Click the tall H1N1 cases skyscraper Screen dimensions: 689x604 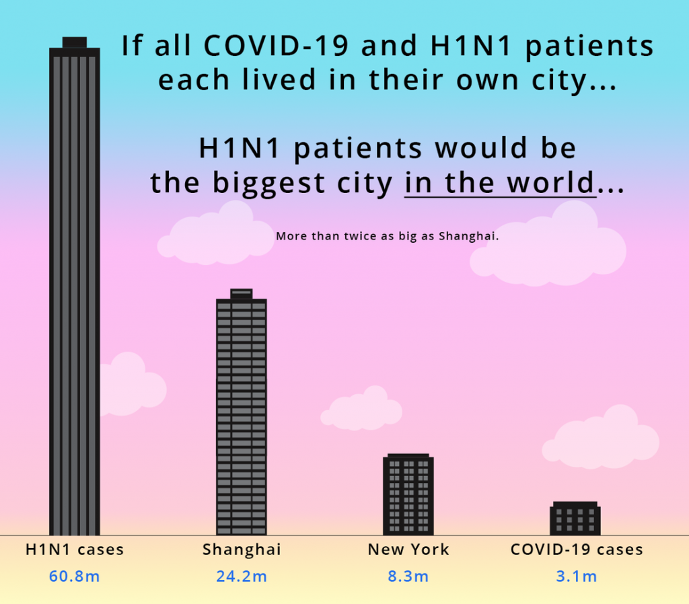75,287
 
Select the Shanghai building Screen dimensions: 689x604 242,412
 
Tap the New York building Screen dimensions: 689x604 408,494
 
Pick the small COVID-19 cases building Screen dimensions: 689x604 575,519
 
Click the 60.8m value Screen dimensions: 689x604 74,576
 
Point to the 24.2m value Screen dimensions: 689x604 242,576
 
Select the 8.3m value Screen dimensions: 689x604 408,576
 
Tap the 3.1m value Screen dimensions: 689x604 576,576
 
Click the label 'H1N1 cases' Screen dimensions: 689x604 75,550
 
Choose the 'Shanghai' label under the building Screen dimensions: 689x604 242,550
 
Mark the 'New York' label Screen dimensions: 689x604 408,550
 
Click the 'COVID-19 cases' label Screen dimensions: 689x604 577,550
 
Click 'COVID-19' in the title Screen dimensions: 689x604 276,45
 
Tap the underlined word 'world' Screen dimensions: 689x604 551,182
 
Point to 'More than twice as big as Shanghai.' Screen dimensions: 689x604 387,236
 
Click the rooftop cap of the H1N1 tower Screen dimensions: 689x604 75,42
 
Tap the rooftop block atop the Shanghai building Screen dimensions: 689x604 242,294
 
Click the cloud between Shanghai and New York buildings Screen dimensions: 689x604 361,408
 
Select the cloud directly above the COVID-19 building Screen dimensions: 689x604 601,437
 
